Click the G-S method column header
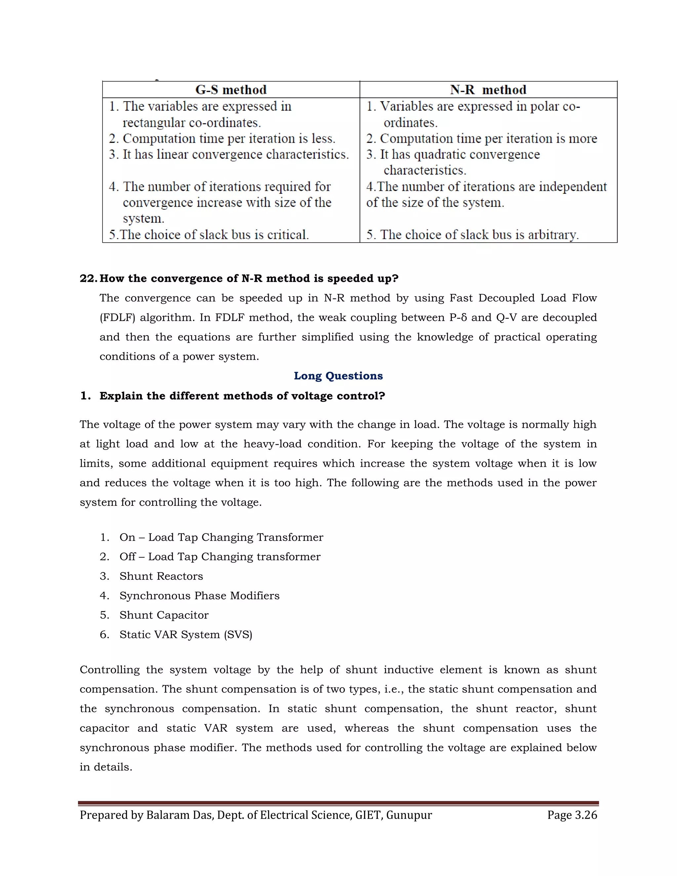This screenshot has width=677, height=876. [231, 90]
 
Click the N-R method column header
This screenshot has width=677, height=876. [488, 90]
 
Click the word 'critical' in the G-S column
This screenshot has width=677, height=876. [288, 235]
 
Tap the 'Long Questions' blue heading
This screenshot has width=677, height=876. [338, 376]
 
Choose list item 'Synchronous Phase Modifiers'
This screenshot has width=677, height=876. [199, 596]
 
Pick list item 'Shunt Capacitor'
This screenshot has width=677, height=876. [164, 615]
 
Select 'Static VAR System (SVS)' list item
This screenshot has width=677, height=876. [186, 635]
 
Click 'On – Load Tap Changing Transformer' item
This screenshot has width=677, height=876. [221, 538]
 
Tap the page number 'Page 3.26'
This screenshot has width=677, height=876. [572, 815]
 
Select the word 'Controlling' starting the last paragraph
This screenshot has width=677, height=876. [109, 670]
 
